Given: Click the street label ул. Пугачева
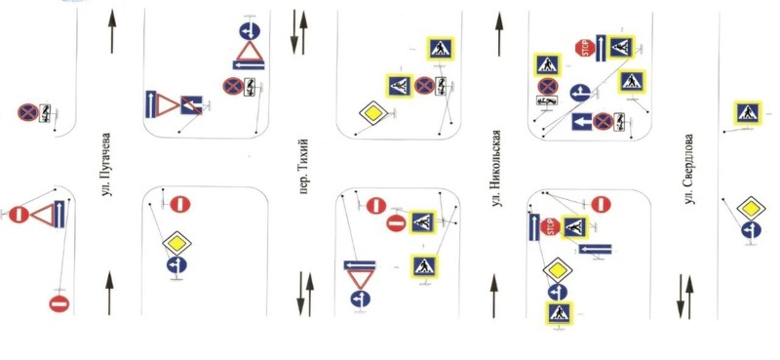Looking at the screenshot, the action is (x=105, y=165).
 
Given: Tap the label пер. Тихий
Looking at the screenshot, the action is (x=304, y=166).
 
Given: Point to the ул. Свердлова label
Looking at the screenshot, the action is (x=689, y=170).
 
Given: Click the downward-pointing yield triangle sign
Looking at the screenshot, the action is (x=360, y=280).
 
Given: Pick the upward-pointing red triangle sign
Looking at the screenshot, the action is (x=250, y=52).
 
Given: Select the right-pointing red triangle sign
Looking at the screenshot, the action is (x=168, y=105).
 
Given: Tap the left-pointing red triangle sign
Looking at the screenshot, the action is (x=42, y=215).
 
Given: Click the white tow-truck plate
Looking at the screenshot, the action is (x=546, y=100).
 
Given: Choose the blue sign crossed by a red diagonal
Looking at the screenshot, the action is (x=191, y=105).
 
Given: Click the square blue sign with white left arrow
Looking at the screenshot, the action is (x=581, y=122).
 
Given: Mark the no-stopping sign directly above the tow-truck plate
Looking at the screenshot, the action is (x=547, y=86).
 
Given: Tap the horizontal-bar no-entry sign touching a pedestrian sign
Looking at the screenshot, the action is (x=397, y=223).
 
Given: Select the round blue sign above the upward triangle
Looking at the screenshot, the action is (x=250, y=31).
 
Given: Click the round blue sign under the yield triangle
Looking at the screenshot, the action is (x=360, y=300).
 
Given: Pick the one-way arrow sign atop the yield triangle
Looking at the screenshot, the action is (x=360, y=265).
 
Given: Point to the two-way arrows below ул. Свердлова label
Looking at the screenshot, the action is (x=685, y=298).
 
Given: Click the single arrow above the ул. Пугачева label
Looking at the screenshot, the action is (x=112, y=31).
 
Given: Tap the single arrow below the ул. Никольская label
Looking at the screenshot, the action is (x=493, y=296).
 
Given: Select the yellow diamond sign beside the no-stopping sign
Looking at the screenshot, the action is (x=373, y=113).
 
